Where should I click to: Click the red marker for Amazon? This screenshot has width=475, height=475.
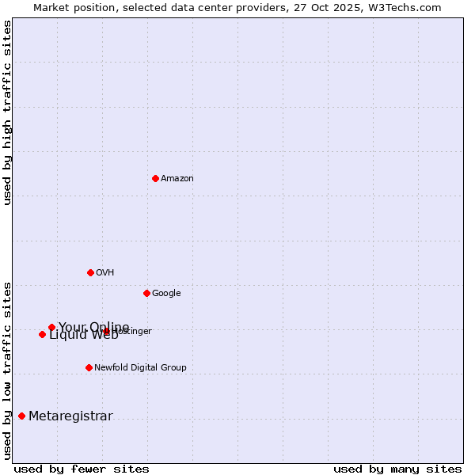click(x=155, y=178)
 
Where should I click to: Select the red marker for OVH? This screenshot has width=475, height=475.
click(x=90, y=272)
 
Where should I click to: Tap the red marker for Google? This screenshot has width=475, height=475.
click(x=146, y=293)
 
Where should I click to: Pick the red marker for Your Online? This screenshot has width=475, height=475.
click(x=51, y=327)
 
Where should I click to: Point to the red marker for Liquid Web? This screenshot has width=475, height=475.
click(x=42, y=334)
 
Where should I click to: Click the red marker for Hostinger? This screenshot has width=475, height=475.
click(x=106, y=331)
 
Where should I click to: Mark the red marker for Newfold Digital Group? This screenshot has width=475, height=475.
click(x=89, y=367)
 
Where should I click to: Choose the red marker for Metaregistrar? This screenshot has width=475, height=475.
click(x=21, y=416)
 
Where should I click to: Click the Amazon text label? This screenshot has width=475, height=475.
click(x=177, y=179)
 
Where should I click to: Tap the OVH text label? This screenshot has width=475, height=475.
click(x=105, y=273)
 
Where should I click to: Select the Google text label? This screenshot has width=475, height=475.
click(x=166, y=294)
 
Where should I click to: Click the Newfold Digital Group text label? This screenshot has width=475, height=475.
click(x=140, y=368)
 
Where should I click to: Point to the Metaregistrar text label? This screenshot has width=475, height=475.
click(x=70, y=416)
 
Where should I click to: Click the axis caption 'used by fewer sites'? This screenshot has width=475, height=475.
click(x=82, y=469)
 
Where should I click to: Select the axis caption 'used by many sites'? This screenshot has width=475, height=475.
click(x=397, y=469)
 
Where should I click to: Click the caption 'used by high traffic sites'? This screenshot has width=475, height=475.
click(x=8, y=112)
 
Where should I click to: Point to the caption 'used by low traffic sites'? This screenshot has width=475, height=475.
click(x=8, y=370)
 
